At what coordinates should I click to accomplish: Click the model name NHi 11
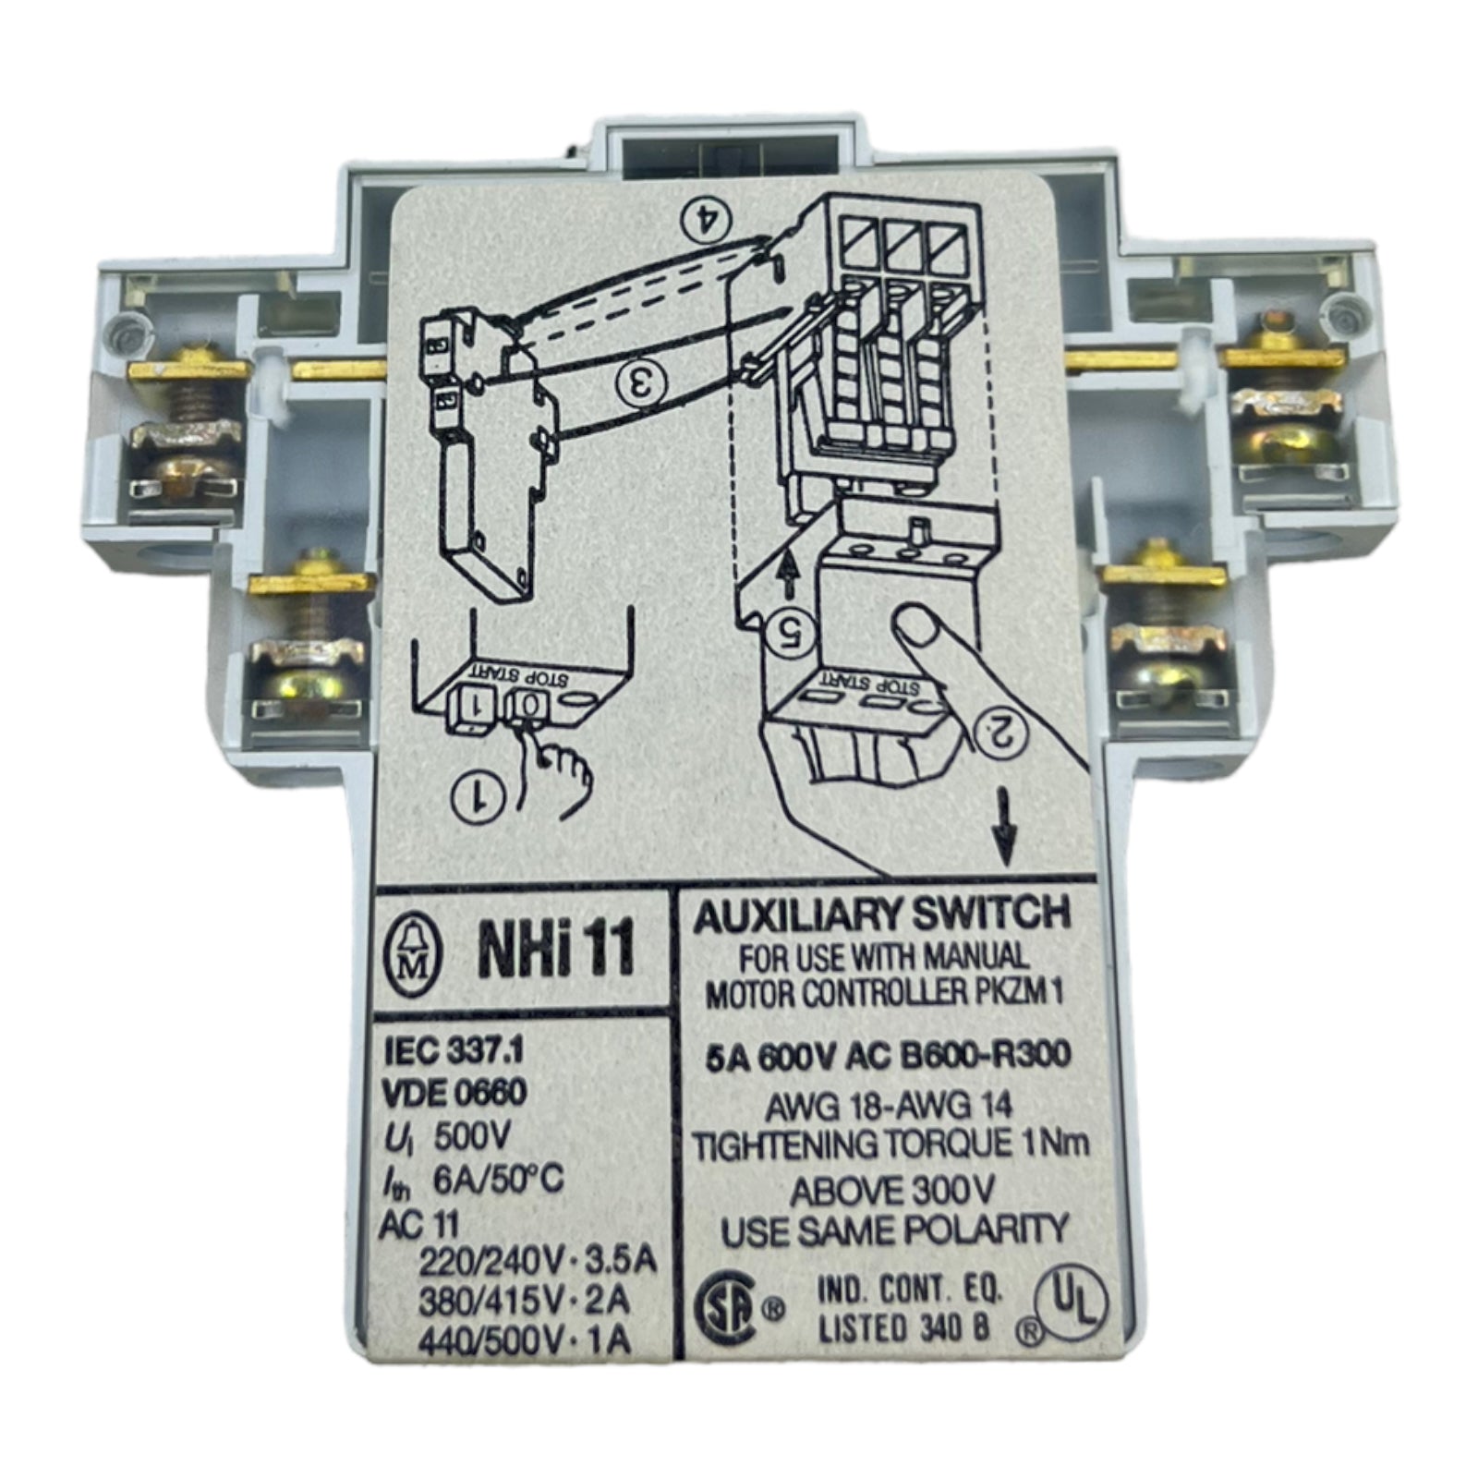[x=556, y=951]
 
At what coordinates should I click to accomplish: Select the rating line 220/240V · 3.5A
[x=538, y=1259]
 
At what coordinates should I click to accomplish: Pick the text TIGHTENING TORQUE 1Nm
[x=878, y=1145]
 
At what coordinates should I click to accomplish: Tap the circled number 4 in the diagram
[x=706, y=218]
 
